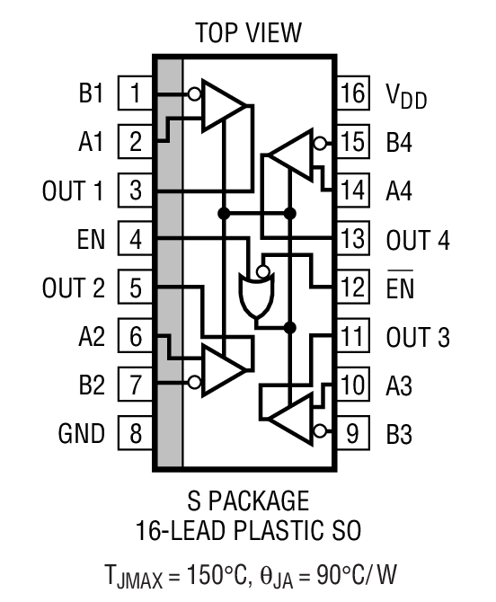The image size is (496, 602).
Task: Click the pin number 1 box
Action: point(135,93)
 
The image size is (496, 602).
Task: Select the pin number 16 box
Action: point(354,93)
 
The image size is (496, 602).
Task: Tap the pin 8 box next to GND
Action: point(135,434)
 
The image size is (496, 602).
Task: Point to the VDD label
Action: point(407,95)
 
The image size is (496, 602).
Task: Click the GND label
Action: point(82,434)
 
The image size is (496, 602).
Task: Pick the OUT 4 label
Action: point(418,241)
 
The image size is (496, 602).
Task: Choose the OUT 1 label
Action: point(74,191)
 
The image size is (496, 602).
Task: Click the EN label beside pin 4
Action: point(91,240)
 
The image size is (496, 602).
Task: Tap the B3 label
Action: point(401,435)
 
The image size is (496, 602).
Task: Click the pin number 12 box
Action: point(354,288)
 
